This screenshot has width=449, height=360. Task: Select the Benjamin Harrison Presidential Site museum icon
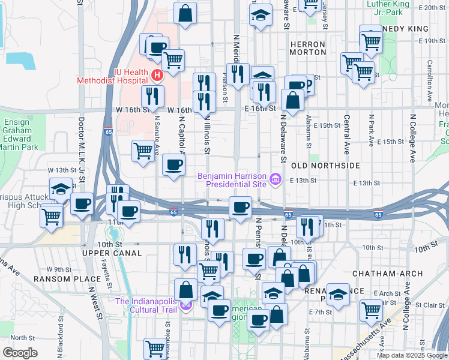[276, 178]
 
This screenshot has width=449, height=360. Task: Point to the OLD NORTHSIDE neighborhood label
[325, 165]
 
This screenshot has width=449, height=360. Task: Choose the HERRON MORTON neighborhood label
[307, 48]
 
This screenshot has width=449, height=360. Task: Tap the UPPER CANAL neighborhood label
[112, 254]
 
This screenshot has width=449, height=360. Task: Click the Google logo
[20, 353]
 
